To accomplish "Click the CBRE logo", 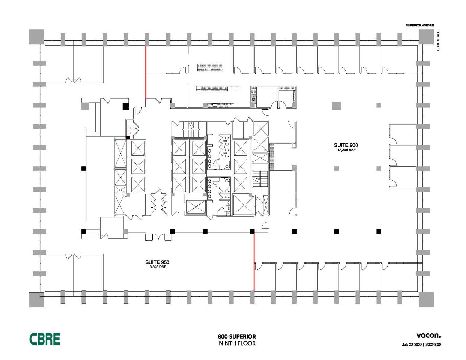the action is pos(45,339).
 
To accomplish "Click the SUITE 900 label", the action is pos(346,145).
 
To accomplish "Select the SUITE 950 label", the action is pos(157,262).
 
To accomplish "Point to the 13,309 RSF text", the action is pos(346,150).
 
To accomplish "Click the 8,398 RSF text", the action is pos(158,267).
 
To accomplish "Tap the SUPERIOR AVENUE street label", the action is pos(420,25).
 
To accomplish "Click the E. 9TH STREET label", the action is pos(438,40).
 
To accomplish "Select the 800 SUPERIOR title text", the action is pos(237,337).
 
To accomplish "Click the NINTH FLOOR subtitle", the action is pos(237,343).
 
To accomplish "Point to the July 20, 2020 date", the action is pos(412,351).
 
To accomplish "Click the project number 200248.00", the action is pos(433,351).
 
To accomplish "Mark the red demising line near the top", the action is pos(146,73).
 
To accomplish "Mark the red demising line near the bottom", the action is pos(254,262).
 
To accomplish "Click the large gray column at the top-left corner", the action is pos(36,37).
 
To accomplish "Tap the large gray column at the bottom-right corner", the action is pos(426,300).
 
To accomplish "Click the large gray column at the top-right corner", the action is pos(426,37).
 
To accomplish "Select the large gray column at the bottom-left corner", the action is pos(36,300).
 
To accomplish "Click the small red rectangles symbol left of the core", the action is pos(128,130).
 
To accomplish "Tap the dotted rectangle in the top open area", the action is pos(210,67).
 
